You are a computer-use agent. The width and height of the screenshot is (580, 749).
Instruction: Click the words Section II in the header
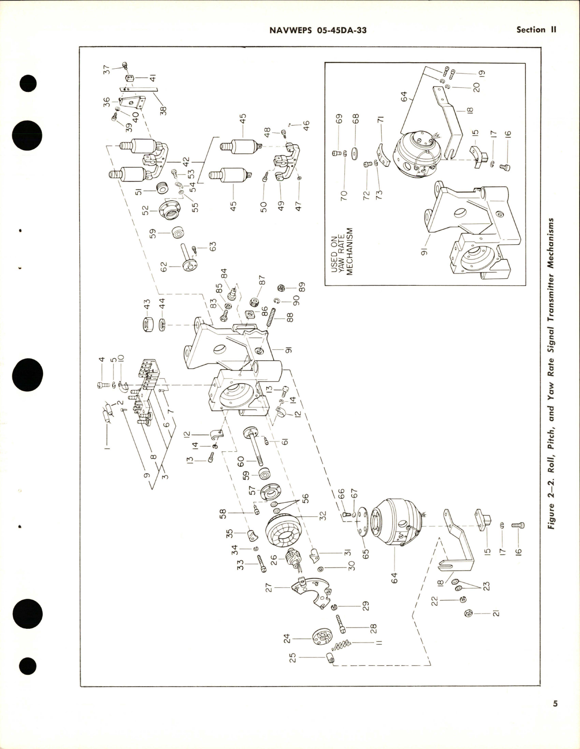click(x=537, y=30)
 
